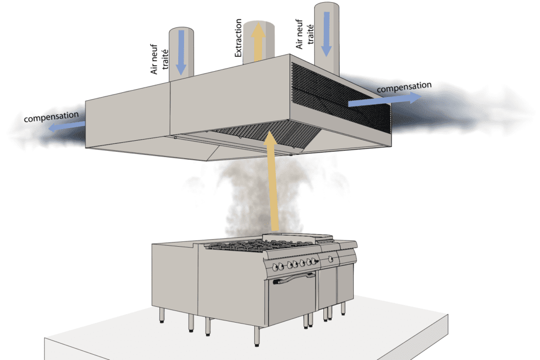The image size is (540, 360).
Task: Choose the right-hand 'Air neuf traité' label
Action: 303,32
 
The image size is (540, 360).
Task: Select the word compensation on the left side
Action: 51,116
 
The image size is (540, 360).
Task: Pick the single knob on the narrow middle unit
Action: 331,259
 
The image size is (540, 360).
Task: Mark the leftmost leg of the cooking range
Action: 162,315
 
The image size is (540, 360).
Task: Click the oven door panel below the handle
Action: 292,303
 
